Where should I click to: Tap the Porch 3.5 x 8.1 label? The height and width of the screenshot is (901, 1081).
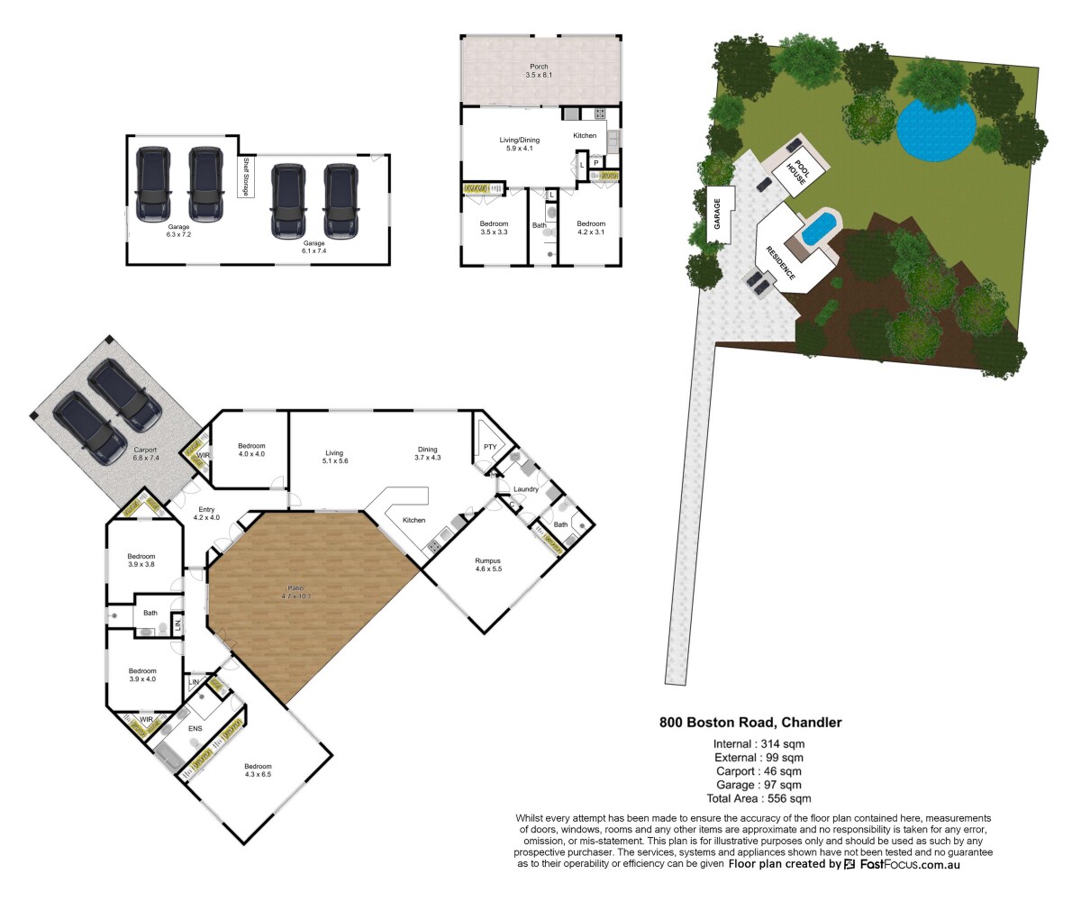coord(538,70)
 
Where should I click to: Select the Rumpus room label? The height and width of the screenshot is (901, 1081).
coord(487,565)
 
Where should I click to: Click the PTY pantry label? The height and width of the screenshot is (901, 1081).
coord(490,446)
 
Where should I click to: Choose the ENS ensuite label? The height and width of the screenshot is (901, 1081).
coord(195,727)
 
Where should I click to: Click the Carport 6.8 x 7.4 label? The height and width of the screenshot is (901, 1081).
coord(145,454)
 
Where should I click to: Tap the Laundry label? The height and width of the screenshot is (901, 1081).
coord(525,489)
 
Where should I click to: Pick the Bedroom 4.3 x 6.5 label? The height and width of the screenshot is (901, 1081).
coord(258,770)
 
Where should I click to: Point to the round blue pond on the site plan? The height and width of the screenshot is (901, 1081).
coord(937,129)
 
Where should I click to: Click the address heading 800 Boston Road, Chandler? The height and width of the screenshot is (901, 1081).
coord(750,722)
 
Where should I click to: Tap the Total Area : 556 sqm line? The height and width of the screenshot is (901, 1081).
coord(759,798)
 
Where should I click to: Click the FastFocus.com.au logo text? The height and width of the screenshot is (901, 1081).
coord(909,864)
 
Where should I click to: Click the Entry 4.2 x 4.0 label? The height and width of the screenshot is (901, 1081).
coord(207,514)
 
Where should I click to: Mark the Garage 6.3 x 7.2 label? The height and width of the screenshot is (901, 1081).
coord(178,229)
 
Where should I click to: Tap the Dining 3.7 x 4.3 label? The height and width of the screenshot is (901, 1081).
coord(428,454)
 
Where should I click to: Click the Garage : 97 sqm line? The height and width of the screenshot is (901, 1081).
coord(759,785)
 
